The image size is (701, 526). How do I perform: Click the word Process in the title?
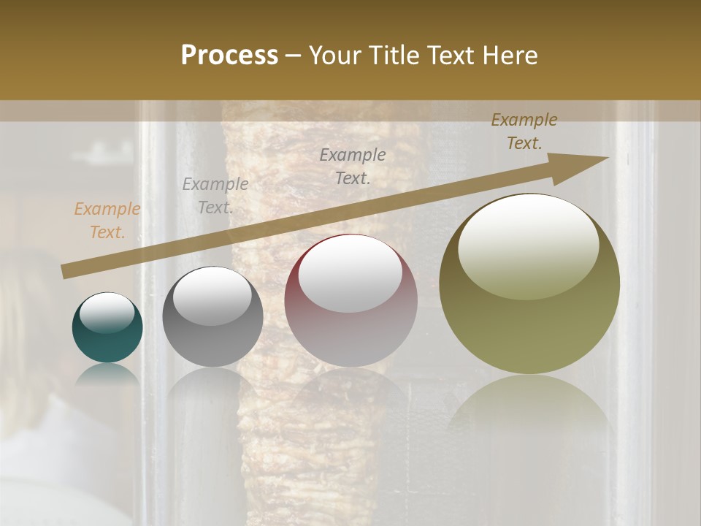point(229,56)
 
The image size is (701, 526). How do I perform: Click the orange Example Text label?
point(107,221)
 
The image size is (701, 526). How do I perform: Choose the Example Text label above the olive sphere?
point(524,131)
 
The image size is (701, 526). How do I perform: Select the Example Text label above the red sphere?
point(353,166)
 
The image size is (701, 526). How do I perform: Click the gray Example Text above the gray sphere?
point(215,195)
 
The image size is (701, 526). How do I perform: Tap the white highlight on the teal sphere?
point(107,312)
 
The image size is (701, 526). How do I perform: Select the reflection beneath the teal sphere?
point(107,374)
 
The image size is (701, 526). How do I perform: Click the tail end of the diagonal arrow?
point(67,271)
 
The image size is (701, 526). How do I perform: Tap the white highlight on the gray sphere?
point(212,294)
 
